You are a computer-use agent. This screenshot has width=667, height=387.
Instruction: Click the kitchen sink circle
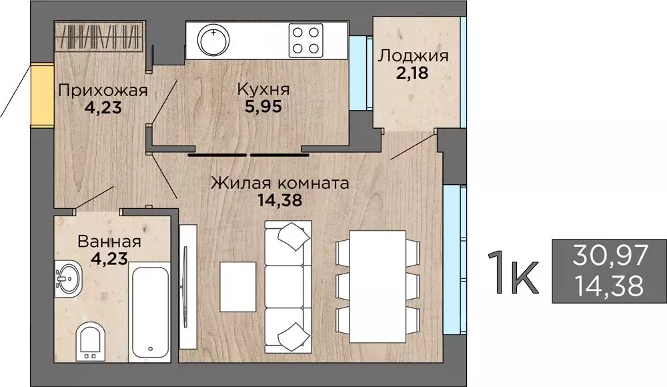[213, 40]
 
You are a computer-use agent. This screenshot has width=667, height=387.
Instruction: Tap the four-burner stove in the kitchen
[306, 40]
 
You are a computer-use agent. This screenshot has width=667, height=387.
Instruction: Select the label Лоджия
[414, 56]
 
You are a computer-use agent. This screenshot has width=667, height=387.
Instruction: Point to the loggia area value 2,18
[412, 73]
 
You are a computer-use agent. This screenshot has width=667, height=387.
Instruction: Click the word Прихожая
[103, 91]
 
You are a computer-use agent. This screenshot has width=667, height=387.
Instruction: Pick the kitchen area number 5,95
[263, 106]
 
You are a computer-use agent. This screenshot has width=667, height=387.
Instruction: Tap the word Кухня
[263, 89]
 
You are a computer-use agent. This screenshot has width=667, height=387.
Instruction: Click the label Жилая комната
[280, 183]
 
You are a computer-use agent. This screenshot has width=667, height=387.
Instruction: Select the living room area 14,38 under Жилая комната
[280, 200]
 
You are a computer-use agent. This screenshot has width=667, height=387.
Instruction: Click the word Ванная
[109, 242]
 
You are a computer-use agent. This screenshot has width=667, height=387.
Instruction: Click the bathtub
[149, 312]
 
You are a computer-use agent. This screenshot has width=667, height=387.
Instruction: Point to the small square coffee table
[238, 286]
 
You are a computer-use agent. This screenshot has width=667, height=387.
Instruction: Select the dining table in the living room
[378, 286]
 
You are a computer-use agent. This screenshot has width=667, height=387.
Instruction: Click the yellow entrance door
[42, 95]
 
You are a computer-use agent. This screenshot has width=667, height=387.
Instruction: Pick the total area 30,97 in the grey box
[610, 255]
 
